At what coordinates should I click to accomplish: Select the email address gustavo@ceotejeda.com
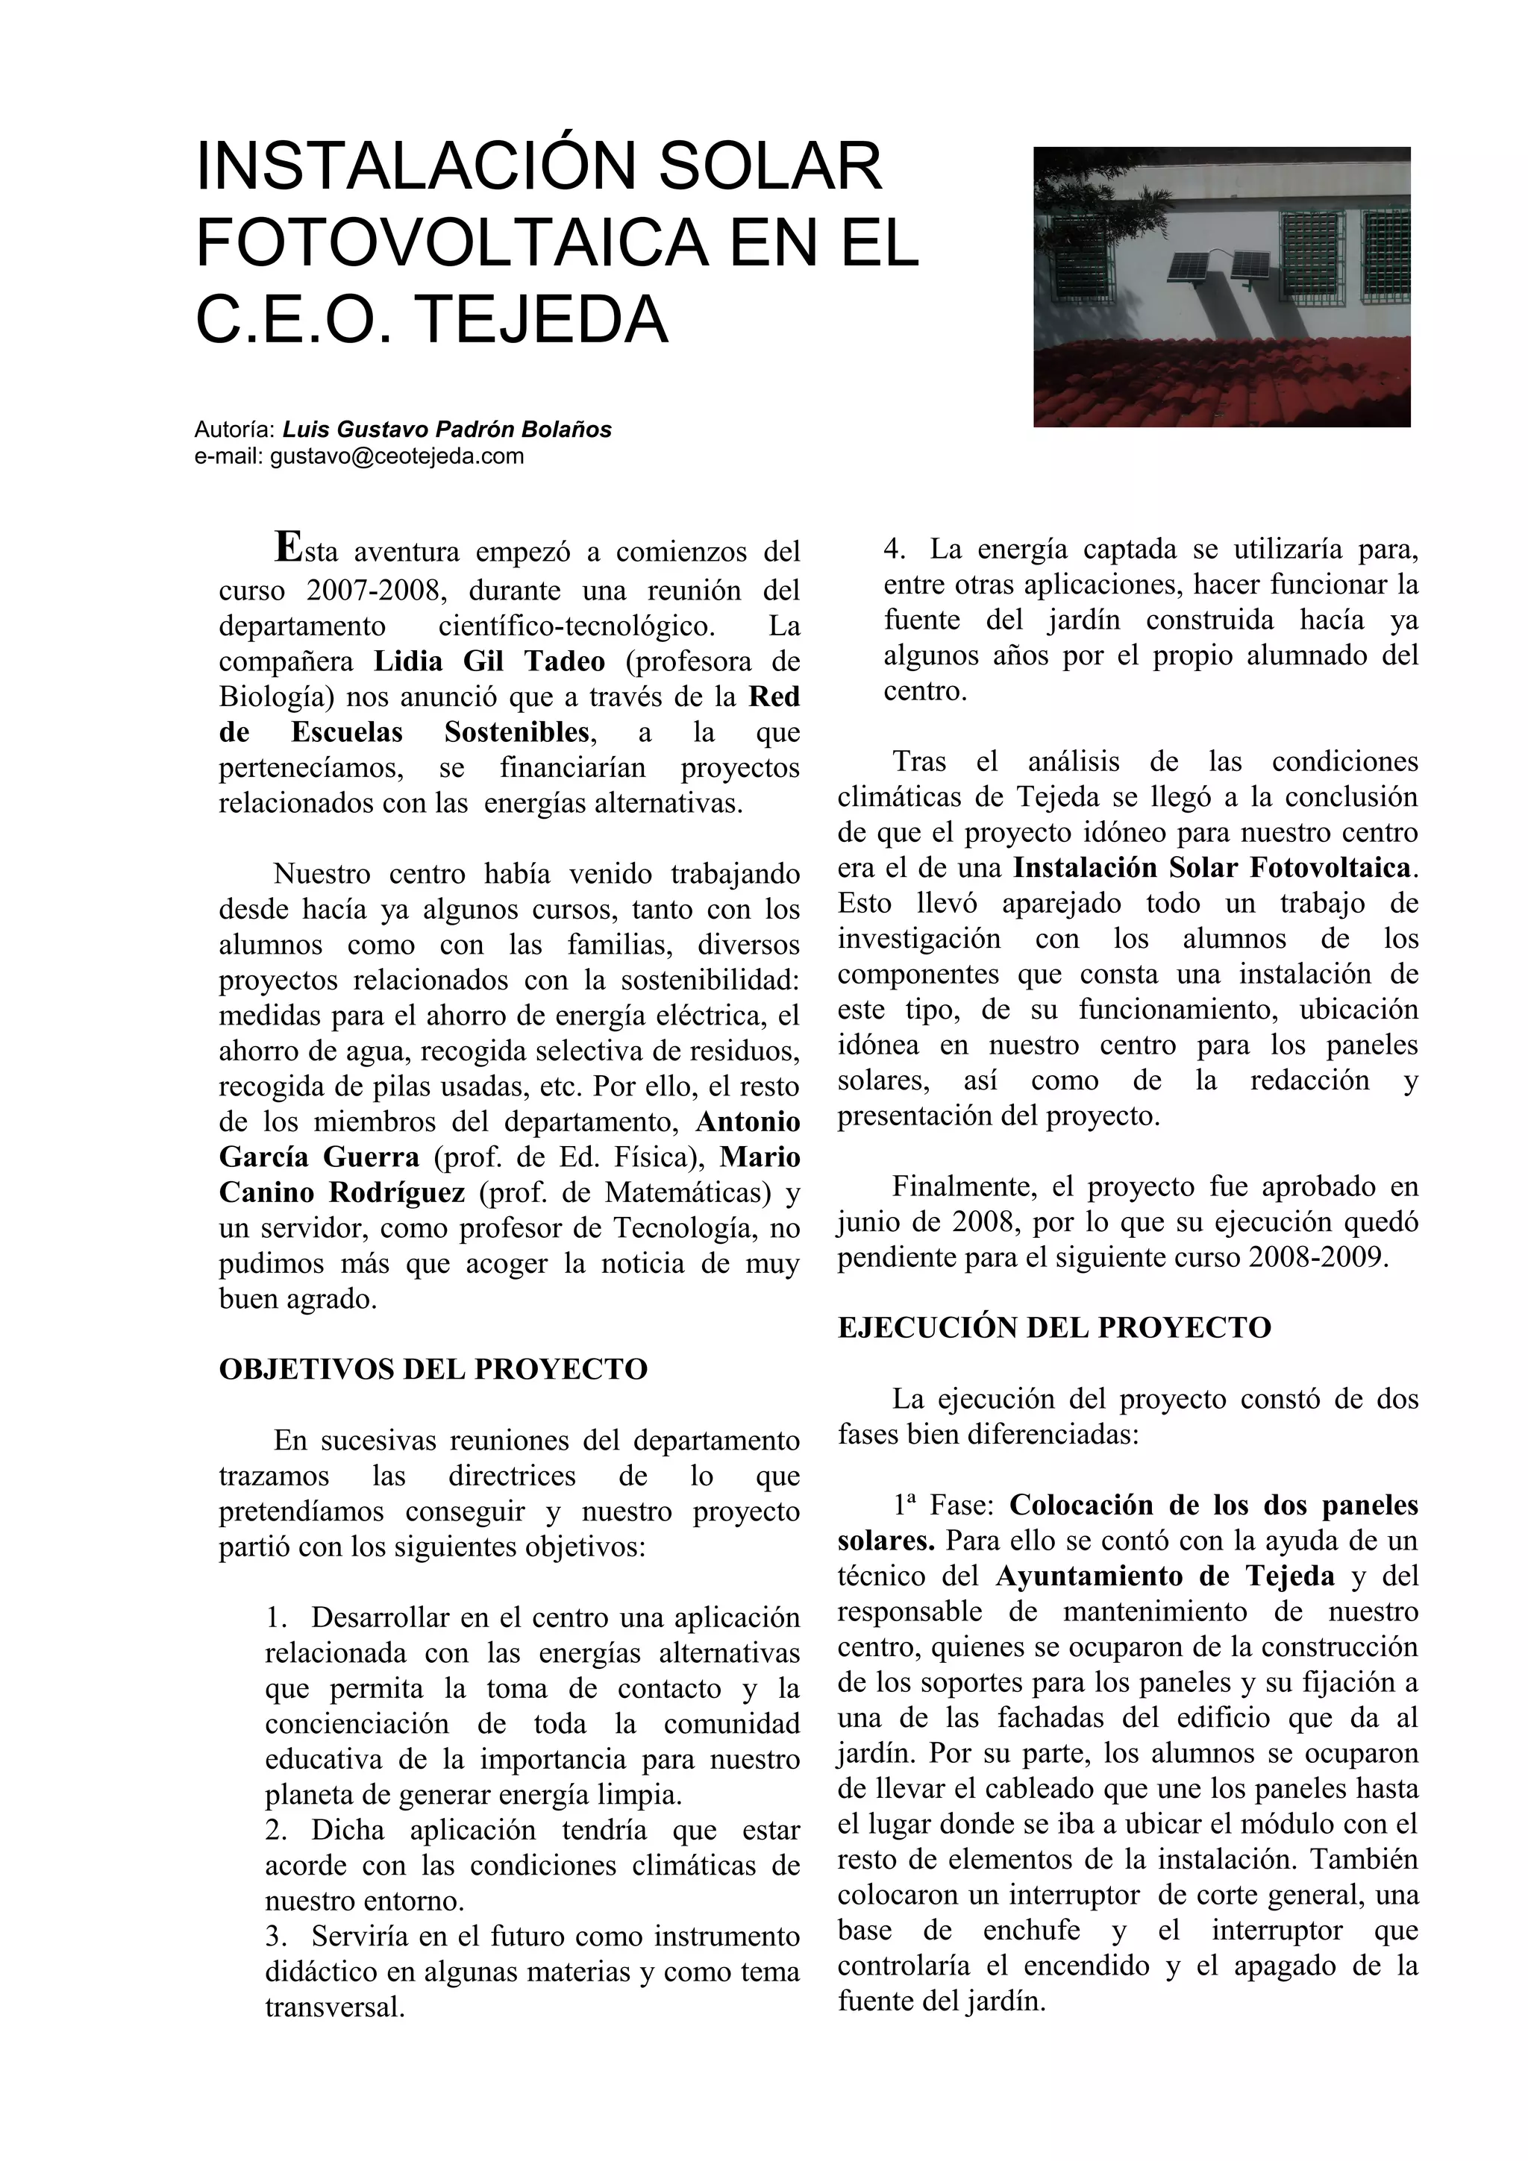[396, 456]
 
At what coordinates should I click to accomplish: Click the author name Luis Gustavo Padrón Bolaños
[447, 430]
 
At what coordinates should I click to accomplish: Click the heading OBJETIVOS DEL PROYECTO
[433, 1368]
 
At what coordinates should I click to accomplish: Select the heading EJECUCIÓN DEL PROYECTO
[1053, 1327]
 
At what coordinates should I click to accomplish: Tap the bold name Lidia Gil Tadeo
[489, 661]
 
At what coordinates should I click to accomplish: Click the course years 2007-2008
[373, 591]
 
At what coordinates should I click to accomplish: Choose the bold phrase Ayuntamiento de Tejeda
[1165, 1576]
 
